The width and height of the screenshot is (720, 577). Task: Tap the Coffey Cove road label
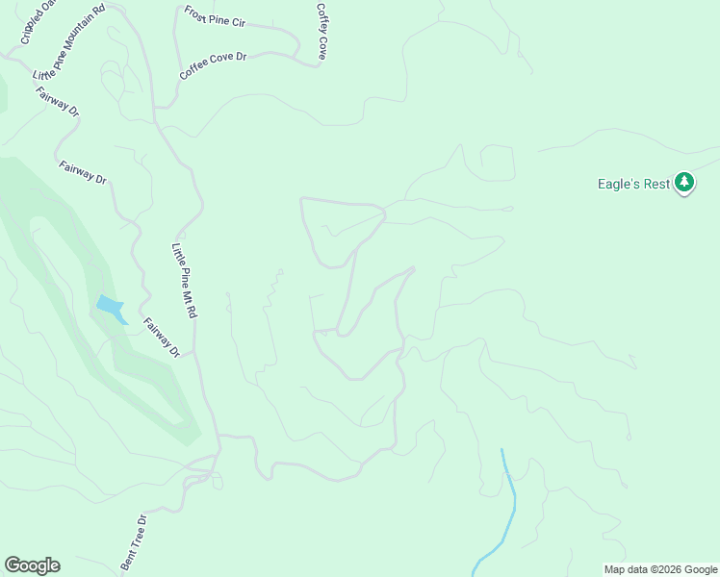[x=321, y=31]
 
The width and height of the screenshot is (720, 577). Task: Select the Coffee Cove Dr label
[x=213, y=65]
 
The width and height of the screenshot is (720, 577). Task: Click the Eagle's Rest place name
[x=632, y=184]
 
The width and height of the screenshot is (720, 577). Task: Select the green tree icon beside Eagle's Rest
[x=684, y=182]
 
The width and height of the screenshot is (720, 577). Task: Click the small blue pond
[x=110, y=308]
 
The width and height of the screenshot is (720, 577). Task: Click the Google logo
[x=32, y=565]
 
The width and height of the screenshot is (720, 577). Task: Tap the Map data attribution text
[x=661, y=569]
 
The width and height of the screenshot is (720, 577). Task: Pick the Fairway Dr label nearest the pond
[x=161, y=338]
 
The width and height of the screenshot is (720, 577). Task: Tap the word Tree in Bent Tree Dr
[x=136, y=543]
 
